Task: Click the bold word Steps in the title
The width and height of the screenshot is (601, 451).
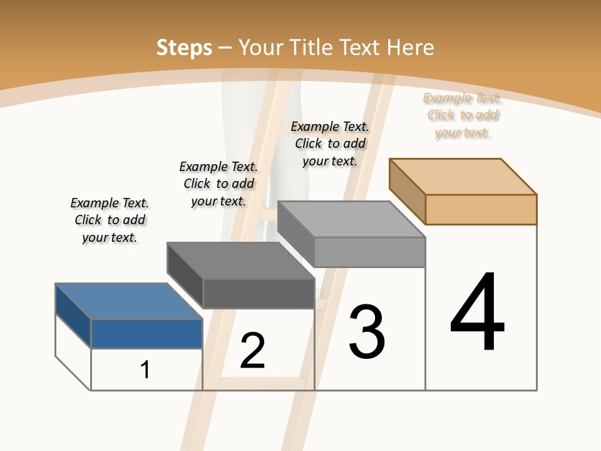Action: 183,48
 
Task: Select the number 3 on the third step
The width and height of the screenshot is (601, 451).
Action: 367,331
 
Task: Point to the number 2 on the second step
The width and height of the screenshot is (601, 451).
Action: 253,351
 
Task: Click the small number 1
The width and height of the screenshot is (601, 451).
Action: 145,370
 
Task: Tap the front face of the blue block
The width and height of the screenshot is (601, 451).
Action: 146,333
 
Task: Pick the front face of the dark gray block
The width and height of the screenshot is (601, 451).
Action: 258,293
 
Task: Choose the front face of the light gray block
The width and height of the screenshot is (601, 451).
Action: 369,252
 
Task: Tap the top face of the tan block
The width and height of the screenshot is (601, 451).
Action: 463,176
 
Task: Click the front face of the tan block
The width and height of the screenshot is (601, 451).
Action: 481,209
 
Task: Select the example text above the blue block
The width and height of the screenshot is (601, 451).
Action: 110,220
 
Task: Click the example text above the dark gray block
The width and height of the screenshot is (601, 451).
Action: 218,184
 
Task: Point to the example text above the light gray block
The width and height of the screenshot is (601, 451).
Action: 330,143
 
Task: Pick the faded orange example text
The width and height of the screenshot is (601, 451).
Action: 463,115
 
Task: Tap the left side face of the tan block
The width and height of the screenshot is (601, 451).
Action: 407,190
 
